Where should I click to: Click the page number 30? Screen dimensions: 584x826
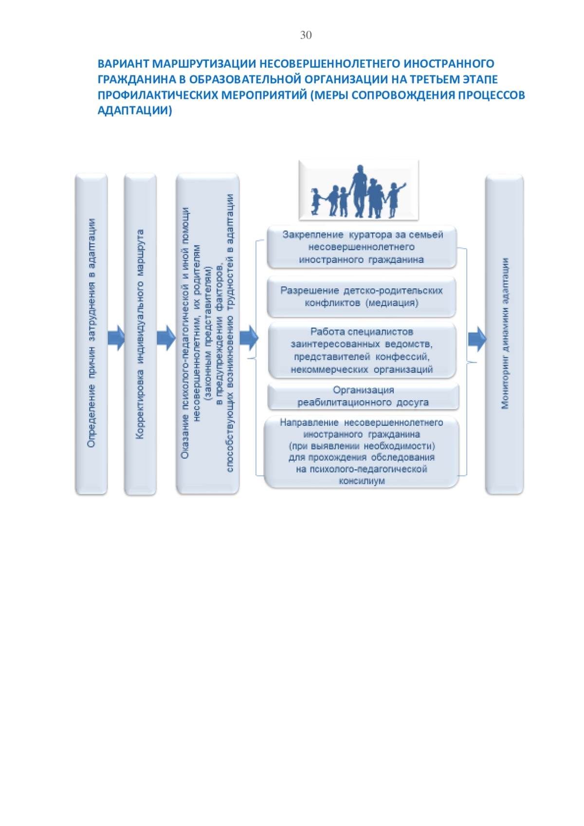click(x=306, y=35)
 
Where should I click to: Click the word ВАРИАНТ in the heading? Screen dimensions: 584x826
click(x=123, y=64)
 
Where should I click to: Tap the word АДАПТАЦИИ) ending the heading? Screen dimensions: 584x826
click(x=135, y=110)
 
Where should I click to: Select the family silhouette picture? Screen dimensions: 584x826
click(x=358, y=190)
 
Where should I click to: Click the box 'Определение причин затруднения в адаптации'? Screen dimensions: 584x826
click(x=91, y=334)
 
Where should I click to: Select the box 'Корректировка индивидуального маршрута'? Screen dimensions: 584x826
click(x=141, y=334)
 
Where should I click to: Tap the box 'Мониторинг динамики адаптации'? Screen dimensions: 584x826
click(x=504, y=334)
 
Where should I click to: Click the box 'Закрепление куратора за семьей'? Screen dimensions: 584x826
click(x=362, y=247)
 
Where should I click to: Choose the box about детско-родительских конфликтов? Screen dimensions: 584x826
click(x=361, y=297)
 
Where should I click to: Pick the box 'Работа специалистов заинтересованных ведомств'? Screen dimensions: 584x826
click(x=362, y=350)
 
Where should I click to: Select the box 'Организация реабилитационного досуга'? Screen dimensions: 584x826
click(x=363, y=396)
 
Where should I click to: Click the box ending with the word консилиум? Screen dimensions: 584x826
click(x=362, y=452)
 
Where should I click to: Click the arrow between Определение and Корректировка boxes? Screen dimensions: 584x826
click(x=116, y=338)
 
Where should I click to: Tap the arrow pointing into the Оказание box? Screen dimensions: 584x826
click(x=166, y=338)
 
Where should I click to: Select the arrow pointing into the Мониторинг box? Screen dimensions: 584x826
click(x=477, y=339)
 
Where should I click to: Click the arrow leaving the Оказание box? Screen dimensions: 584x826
click(x=249, y=338)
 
